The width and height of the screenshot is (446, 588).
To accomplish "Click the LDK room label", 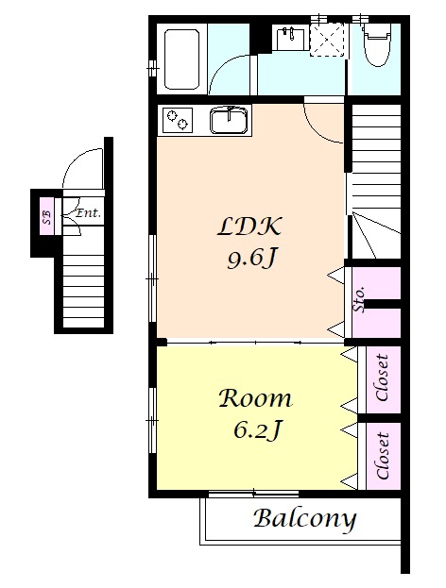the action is click(x=249, y=227).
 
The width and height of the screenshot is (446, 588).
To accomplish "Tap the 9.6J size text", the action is click(x=252, y=259).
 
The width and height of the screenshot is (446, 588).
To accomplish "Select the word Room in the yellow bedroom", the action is click(x=255, y=398).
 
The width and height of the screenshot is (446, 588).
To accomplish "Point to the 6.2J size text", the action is click(x=257, y=429).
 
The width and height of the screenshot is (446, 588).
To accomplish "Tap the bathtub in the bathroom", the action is click(x=181, y=59).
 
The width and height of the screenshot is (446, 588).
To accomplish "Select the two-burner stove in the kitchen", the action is click(x=178, y=120).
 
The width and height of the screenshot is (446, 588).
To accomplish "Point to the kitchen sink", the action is click(x=229, y=120).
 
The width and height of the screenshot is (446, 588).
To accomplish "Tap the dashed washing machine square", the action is click(x=327, y=40).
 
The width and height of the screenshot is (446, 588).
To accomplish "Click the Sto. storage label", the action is click(x=359, y=299).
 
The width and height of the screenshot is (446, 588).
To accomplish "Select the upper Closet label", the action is click(x=382, y=378).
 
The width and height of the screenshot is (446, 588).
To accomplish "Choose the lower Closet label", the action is click(x=382, y=456).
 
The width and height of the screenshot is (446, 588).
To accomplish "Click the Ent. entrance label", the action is click(x=89, y=213).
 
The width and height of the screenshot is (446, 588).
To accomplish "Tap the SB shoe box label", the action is click(x=46, y=217).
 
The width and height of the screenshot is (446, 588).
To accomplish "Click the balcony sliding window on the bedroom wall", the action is click(x=253, y=494).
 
